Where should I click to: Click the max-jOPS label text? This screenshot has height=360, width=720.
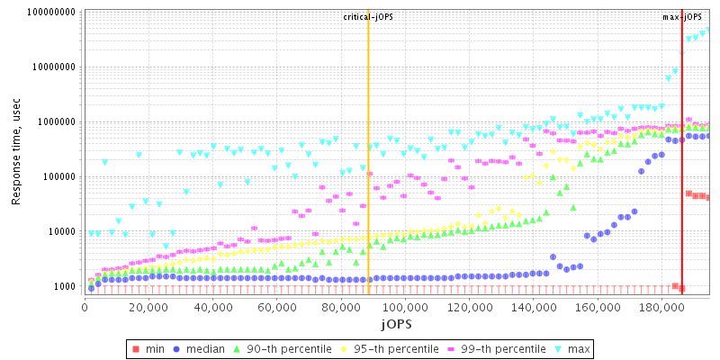(x=682, y=17)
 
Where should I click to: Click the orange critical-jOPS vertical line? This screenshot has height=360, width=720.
(x=368, y=180)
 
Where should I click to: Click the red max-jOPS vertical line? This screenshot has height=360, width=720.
(x=681, y=180)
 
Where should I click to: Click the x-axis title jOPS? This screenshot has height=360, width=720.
(x=396, y=322)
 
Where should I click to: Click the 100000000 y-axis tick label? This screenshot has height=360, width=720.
(x=49, y=13)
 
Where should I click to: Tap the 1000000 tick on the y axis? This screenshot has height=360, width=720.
(x=55, y=122)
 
